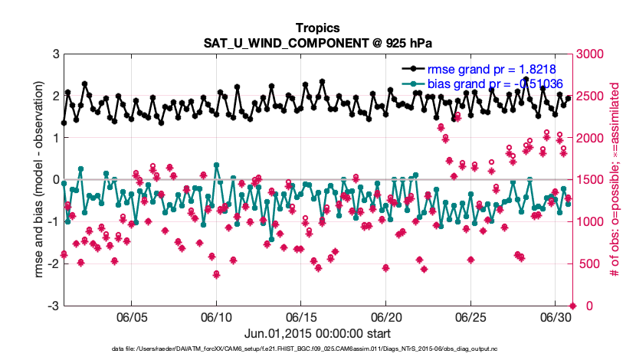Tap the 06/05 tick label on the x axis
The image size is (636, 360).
pos(131,316)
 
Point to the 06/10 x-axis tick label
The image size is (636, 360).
pos(216,316)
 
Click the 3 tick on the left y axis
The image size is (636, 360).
pos(56,54)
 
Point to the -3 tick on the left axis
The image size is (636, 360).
pos(54,306)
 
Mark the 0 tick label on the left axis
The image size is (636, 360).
pos(56,180)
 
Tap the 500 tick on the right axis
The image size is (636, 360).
pos(588,264)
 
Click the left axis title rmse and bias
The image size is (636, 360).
pos(36,180)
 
